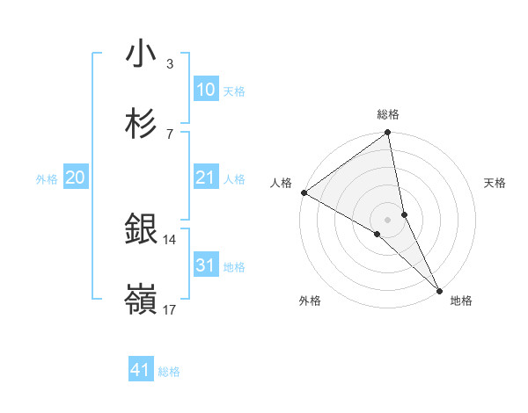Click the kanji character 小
tap(141, 54)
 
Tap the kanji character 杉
tap(141, 124)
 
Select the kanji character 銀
tap(141, 229)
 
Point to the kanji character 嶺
tap(141, 300)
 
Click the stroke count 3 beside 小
tap(169, 63)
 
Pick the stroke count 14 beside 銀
tap(169, 239)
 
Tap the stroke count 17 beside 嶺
tap(169, 309)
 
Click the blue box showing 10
tap(205, 90)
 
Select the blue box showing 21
tap(205, 178)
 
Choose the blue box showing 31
tap(205, 265)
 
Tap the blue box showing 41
tap(141, 371)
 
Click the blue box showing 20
tap(75, 178)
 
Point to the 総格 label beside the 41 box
tap(169, 372)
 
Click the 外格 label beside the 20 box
tap(47, 178)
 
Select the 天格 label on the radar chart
tap(495, 183)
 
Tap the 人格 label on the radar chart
tap(280, 183)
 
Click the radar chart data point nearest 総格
tap(387, 134)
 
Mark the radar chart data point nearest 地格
tap(438, 288)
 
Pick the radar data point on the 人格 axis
tap(304, 192)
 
